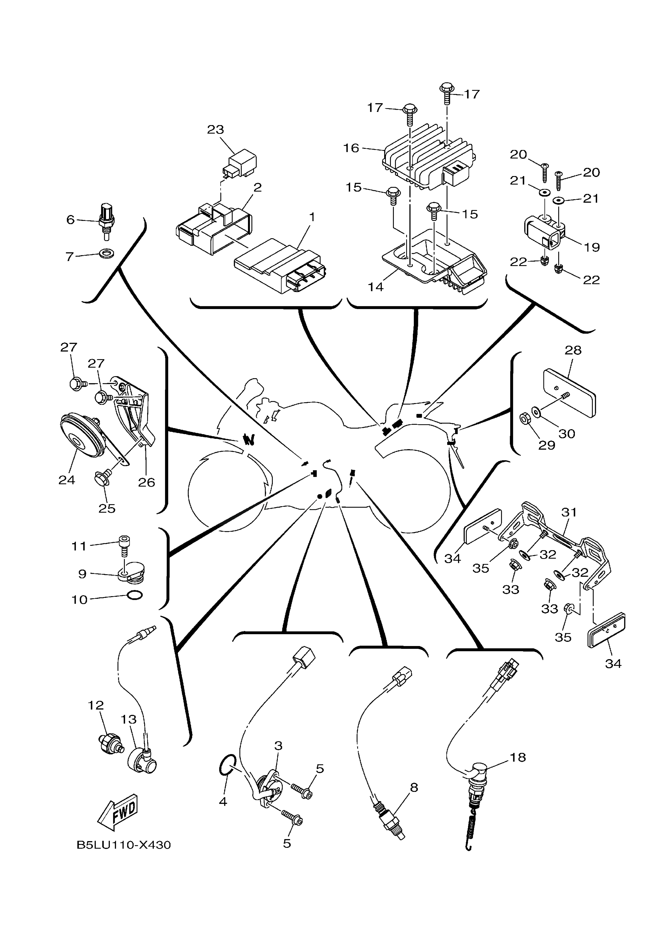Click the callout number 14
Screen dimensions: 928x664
point(375,287)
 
